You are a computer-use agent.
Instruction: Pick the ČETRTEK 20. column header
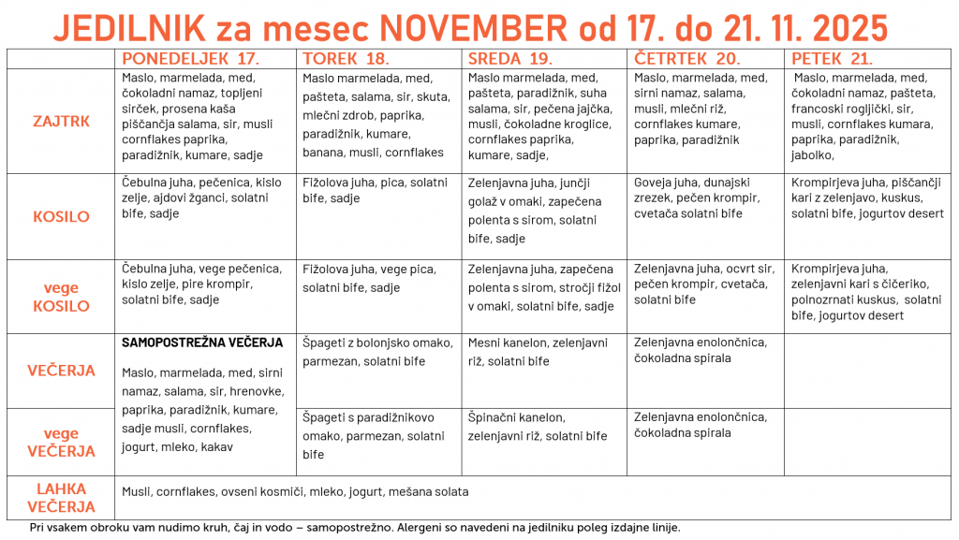tap(680, 59)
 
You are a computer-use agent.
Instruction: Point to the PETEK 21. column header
tap(833, 59)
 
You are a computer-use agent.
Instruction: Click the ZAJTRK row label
tap(61, 122)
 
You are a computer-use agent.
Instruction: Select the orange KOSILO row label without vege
tap(61, 217)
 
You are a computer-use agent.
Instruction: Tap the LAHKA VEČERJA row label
tap(61, 498)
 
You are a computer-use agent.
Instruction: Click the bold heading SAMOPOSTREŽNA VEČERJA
tap(202, 343)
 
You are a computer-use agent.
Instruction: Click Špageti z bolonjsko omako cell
tap(377, 352)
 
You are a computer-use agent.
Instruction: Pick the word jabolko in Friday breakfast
tap(812, 155)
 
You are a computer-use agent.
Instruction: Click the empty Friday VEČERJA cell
tap(866, 371)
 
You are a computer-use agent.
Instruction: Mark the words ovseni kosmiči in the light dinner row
tap(252, 491)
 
